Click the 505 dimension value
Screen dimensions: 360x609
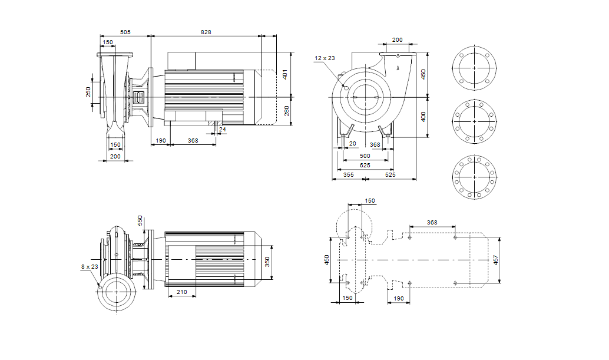tap(125, 32)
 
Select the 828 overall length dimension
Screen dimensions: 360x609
tap(205, 32)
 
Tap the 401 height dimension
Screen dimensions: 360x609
tap(285, 75)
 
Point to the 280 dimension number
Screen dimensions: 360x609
tap(285, 110)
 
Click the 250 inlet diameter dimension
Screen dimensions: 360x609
tap(88, 92)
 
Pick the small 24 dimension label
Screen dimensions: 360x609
tap(222, 129)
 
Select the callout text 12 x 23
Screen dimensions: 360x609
tap(325, 58)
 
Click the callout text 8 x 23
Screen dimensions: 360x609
tap(90, 266)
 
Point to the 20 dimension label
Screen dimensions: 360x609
tap(353, 144)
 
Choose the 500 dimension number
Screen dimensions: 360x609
tap(365, 156)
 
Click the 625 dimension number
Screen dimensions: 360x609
tap(365, 166)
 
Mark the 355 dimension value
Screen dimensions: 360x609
tap(348, 175)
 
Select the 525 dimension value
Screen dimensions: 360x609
tap(390, 175)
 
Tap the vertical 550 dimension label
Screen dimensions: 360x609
tap(140, 220)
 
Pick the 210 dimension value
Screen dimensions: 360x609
tap(182, 291)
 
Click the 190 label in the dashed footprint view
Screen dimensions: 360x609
tap(398, 299)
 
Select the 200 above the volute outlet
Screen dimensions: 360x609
tap(397, 40)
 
